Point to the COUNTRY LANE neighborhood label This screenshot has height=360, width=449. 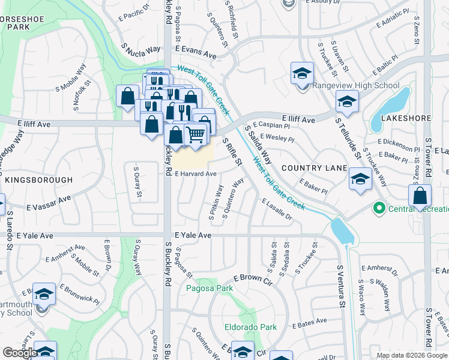click(x=314, y=168)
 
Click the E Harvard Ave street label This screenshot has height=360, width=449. click(x=196, y=173)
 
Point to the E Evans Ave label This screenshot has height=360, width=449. click(x=196, y=53)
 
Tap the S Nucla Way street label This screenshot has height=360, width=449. click(x=142, y=49)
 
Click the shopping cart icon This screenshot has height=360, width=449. click(x=195, y=134)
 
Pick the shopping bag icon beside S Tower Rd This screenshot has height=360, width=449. click(x=420, y=196)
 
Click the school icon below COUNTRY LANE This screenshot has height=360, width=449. click(x=360, y=179)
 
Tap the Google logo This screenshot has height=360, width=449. click(x=19, y=353)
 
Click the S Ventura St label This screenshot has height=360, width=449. click(x=340, y=288)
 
